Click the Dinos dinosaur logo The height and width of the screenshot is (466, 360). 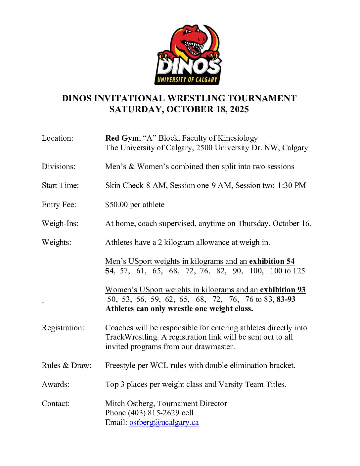pyautogui.click(x=188, y=55)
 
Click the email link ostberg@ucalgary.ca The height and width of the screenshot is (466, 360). pyautogui.click(x=164, y=423)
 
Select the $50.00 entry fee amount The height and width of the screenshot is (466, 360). pyautogui.click(x=116, y=205)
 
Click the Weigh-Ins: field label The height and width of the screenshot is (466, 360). pyautogui.click(x=60, y=224)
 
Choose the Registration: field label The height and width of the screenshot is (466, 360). pyautogui.click(x=63, y=328)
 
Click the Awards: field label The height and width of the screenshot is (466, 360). pyautogui.click(x=56, y=385)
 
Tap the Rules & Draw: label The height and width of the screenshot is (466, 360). pyautogui.click(x=67, y=366)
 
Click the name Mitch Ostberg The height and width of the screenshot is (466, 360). pyautogui.click(x=129, y=403)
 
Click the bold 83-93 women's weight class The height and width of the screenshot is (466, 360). pyautogui.click(x=286, y=300)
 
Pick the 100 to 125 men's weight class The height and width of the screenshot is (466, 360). pyautogui.click(x=287, y=271)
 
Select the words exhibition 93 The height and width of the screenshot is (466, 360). pyautogui.click(x=283, y=290)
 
